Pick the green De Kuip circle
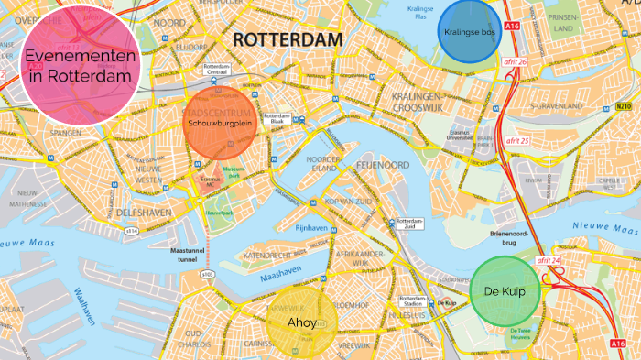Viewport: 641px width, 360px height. [503, 289]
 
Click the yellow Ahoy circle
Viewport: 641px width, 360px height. [302, 323]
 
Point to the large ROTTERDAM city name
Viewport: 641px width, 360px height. [288, 39]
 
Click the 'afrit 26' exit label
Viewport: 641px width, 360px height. [516, 61]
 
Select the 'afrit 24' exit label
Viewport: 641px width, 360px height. [548, 260]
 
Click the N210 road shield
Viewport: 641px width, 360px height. [625, 105]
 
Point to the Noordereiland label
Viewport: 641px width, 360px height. [323, 163]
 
